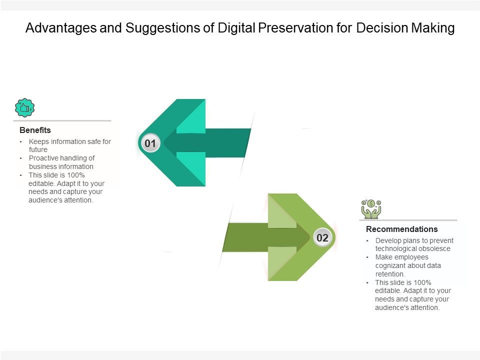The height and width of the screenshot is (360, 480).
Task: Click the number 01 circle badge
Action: pyautogui.click(x=150, y=144)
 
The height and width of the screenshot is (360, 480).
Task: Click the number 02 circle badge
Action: pyautogui.click(x=322, y=238)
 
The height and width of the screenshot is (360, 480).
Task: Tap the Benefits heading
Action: pyautogui.click(x=35, y=130)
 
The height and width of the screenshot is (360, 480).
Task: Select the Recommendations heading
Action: pyautogui.click(x=401, y=229)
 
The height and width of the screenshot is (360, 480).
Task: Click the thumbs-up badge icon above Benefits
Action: pyautogui.click(x=24, y=108)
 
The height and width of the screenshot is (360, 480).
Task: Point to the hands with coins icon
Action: pyautogui.click(x=371, y=209)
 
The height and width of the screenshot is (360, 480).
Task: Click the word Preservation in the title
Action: pyautogui.click(x=290, y=28)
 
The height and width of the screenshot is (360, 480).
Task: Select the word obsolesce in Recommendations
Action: pyautogui.click(x=434, y=248)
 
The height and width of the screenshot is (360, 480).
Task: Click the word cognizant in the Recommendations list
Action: pyautogui.click(x=391, y=265)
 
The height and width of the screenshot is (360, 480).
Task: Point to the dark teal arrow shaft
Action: pyautogui.click(x=210, y=142)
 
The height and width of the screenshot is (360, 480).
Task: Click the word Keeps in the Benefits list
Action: pyautogui.click(x=38, y=141)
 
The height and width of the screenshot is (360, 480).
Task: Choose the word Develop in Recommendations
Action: pyautogui.click(x=388, y=240)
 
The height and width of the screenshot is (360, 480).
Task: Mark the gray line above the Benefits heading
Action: pyautogui.click(x=62, y=120)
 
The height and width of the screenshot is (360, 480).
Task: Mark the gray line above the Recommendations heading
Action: pyautogui.click(x=408, y=220)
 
